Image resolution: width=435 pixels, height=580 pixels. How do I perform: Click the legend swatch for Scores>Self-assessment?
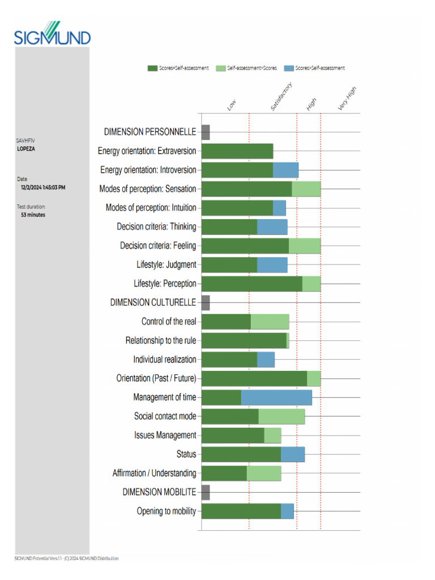tap(289, 69)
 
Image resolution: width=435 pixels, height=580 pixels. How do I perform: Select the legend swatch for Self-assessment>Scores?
tap(220, 69)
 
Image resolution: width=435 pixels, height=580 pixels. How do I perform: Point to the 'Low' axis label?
tap(231, 105)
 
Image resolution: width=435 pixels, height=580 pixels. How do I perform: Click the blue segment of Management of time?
tap(276, 397)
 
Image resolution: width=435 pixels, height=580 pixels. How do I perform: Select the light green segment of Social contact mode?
tap(282, 416)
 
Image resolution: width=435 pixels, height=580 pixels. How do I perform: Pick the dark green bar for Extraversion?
tap(237, 151)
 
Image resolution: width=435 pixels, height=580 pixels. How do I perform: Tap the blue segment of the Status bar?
tap(293, 454)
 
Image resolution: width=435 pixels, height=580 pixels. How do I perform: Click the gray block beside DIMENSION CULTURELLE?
tap(206, 302)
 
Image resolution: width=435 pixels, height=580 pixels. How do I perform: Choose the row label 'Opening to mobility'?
tap(167, 511)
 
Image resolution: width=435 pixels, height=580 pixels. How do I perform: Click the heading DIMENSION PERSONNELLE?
tap(150, 132)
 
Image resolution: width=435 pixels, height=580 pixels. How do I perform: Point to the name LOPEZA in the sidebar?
tap(26, 149)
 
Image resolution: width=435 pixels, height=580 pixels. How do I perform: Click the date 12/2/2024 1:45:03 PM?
tap(44, 187)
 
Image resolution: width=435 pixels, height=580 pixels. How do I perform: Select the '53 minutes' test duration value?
tap(33, 215)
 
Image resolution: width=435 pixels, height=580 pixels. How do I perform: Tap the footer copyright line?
tap(67, 558)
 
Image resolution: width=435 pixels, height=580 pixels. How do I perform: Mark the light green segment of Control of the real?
tap(270, 322)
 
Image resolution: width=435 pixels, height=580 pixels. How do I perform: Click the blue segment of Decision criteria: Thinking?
tap(272, 227)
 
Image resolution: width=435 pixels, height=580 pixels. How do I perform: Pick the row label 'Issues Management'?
tap(165, 436)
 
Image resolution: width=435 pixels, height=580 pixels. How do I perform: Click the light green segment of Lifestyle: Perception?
tap(312, 284)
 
